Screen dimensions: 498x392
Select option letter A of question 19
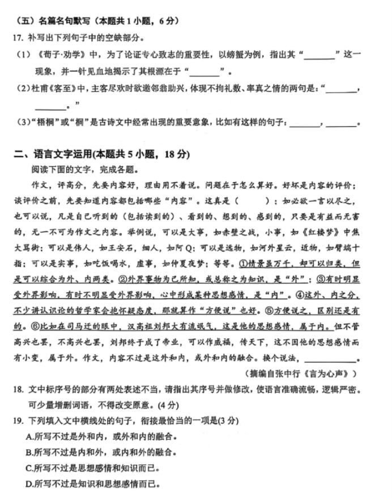click(x=30, y=436)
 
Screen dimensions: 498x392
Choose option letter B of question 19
click(x=30, y=452)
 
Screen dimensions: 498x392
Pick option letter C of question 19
click(x=30, y=468)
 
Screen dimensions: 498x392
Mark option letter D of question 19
click(x=30, y=484)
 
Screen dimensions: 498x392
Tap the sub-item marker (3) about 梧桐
click(x=22, y=122)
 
